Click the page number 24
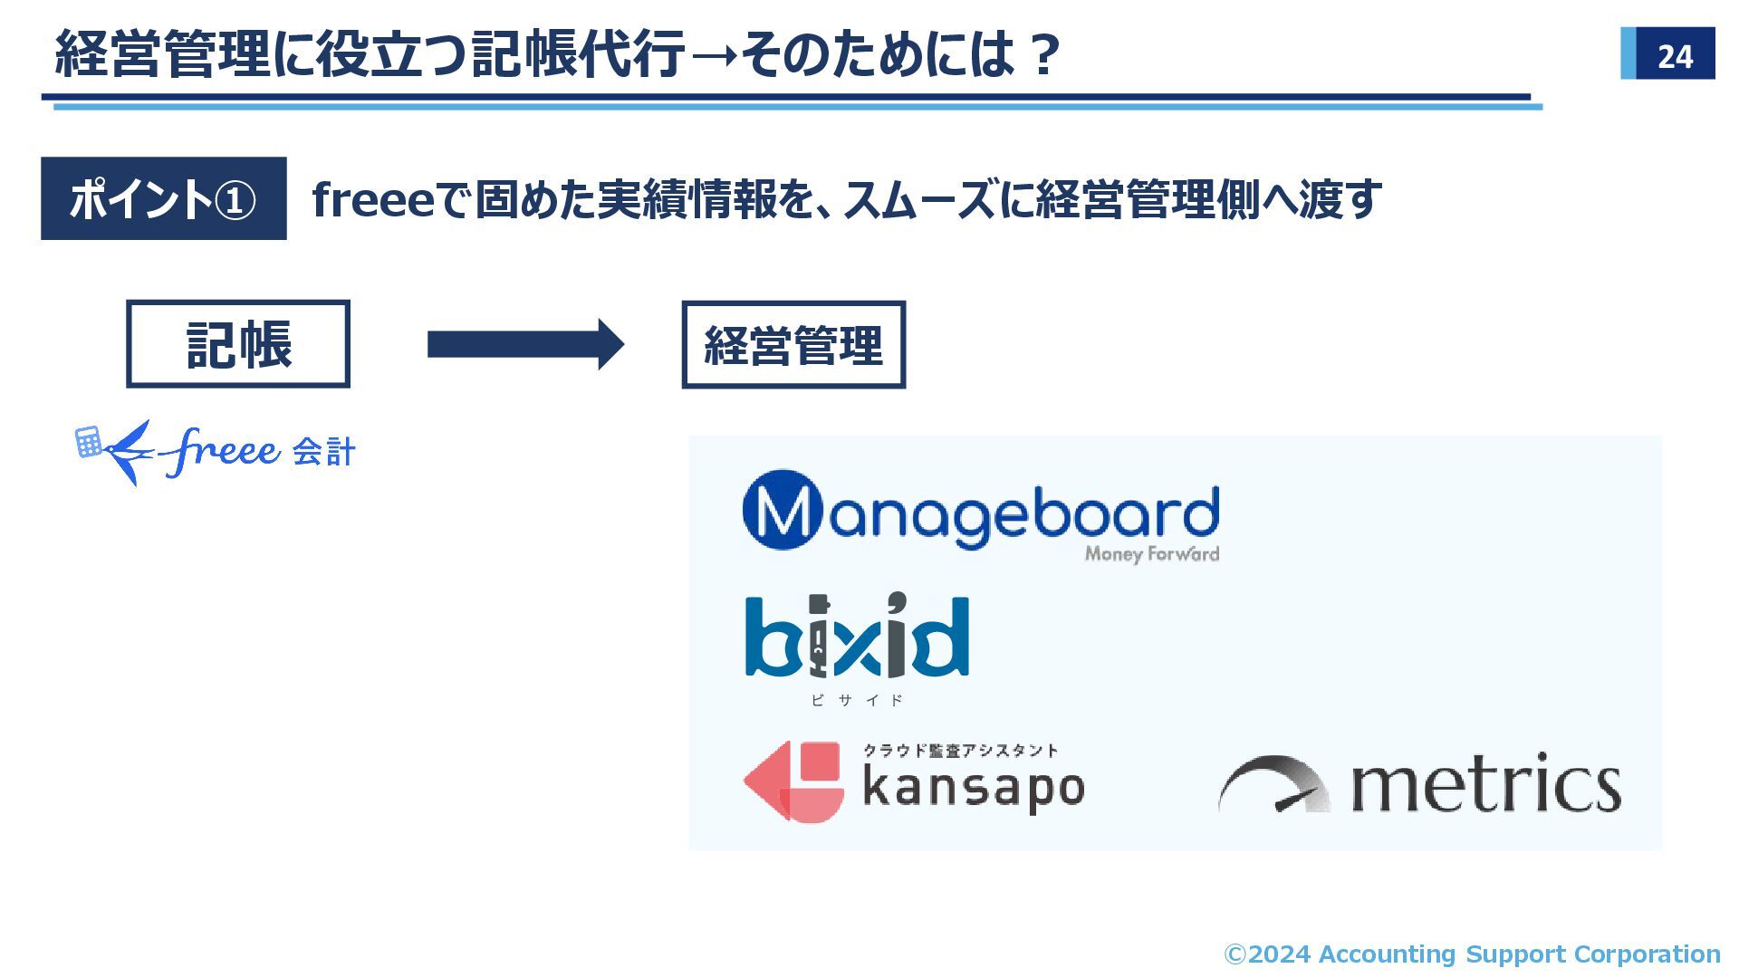(1674, 56)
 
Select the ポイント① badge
(163, 198)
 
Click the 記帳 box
(238, 344)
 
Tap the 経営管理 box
(793, 345)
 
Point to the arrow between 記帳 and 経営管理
(525, 344)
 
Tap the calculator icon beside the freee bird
(88, 442)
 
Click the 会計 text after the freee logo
(323, 451)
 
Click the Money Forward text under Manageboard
(1151, 553)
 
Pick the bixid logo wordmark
(857, 637)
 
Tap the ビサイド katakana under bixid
(857, 700)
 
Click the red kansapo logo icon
(794, 781)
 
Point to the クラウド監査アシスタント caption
(960, 750)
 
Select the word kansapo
(974, 788)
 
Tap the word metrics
(1485, 784)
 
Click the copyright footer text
(1472, 954)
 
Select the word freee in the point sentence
(373, 199)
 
